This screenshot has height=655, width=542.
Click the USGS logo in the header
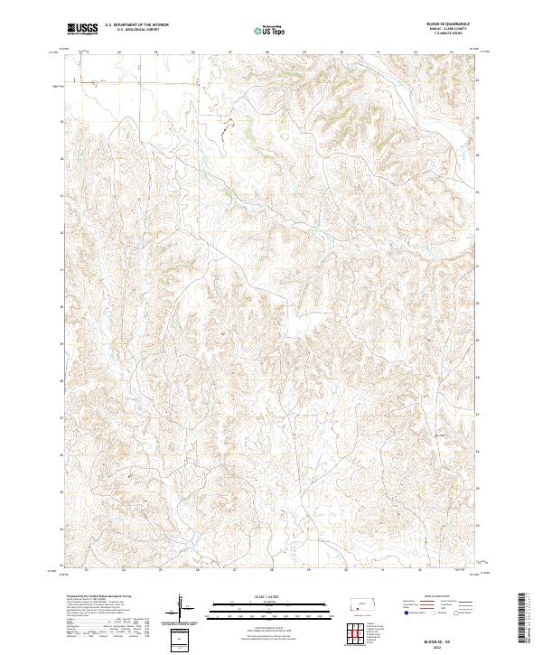pos(83,29)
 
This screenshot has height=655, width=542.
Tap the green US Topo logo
pos(271,30)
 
